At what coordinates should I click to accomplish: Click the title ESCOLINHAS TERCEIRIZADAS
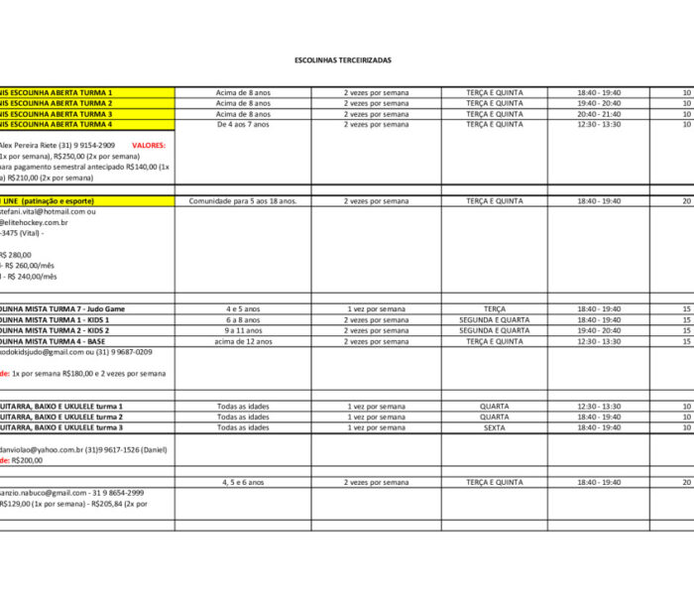tap(343, 60)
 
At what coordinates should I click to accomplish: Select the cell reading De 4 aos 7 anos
tap(243, 125)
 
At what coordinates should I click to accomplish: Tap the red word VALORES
tap(149, 146)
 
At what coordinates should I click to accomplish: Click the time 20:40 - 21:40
tap(599, 114)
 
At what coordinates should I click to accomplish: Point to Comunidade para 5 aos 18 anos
tap(243, 201)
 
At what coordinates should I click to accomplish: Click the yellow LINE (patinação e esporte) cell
tap(59, 201)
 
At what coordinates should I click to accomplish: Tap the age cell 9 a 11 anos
tap(243, 331)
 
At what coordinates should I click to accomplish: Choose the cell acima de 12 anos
tap(243, 342)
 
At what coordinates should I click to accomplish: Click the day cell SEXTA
tap(494, 428)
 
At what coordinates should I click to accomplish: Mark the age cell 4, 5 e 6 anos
tap(243, 483)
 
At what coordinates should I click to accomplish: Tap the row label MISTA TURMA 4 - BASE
tap(56, 342)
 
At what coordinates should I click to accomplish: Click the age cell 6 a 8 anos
tap(243, 320)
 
